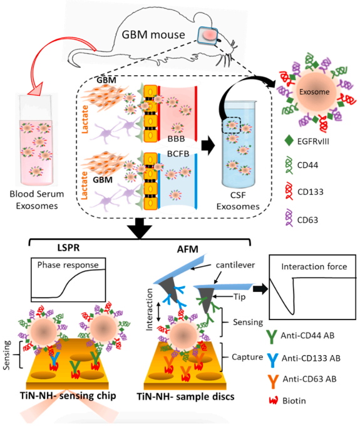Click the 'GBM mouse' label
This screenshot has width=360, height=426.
153,35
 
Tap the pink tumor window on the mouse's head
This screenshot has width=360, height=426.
208,35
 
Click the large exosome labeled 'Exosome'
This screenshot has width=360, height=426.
314,91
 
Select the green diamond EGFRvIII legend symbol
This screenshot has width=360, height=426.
289,141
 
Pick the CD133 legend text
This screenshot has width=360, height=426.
311,192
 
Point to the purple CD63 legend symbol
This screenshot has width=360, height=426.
289,217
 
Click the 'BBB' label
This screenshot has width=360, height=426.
176,139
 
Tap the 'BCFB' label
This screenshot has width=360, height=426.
178,153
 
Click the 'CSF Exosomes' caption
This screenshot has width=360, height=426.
238,200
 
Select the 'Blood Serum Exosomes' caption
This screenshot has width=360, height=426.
37,200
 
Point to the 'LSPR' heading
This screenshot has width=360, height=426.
68,248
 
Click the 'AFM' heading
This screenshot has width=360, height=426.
188,249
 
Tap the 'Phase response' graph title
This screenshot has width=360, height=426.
68,264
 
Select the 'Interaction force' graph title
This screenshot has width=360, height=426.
314,266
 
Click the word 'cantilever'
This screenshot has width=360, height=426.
235,264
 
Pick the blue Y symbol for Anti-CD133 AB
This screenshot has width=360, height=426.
272,359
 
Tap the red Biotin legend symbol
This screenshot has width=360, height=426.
273,401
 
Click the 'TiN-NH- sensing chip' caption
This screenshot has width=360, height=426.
68,395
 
